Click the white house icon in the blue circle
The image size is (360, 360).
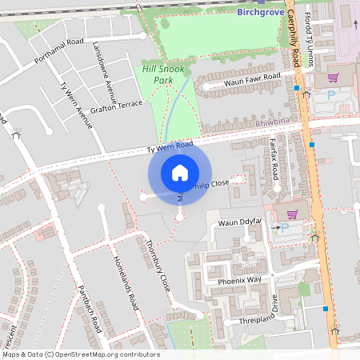pyautogui.click(x=180, y=173)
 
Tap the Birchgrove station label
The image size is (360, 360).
pyautogui.click(x=262, y=12)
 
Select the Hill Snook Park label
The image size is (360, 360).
pyautogui.click(x=162, y=74)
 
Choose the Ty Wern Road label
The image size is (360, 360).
pyautogui.click(x=170, y=147)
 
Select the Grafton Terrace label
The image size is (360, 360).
pyautogui.click(x=117, y=106)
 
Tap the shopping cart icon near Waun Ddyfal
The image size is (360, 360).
pyautogui.click(x=292, y=214)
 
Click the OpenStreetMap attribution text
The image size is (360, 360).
pyautogui.click(x=81, y=354)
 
